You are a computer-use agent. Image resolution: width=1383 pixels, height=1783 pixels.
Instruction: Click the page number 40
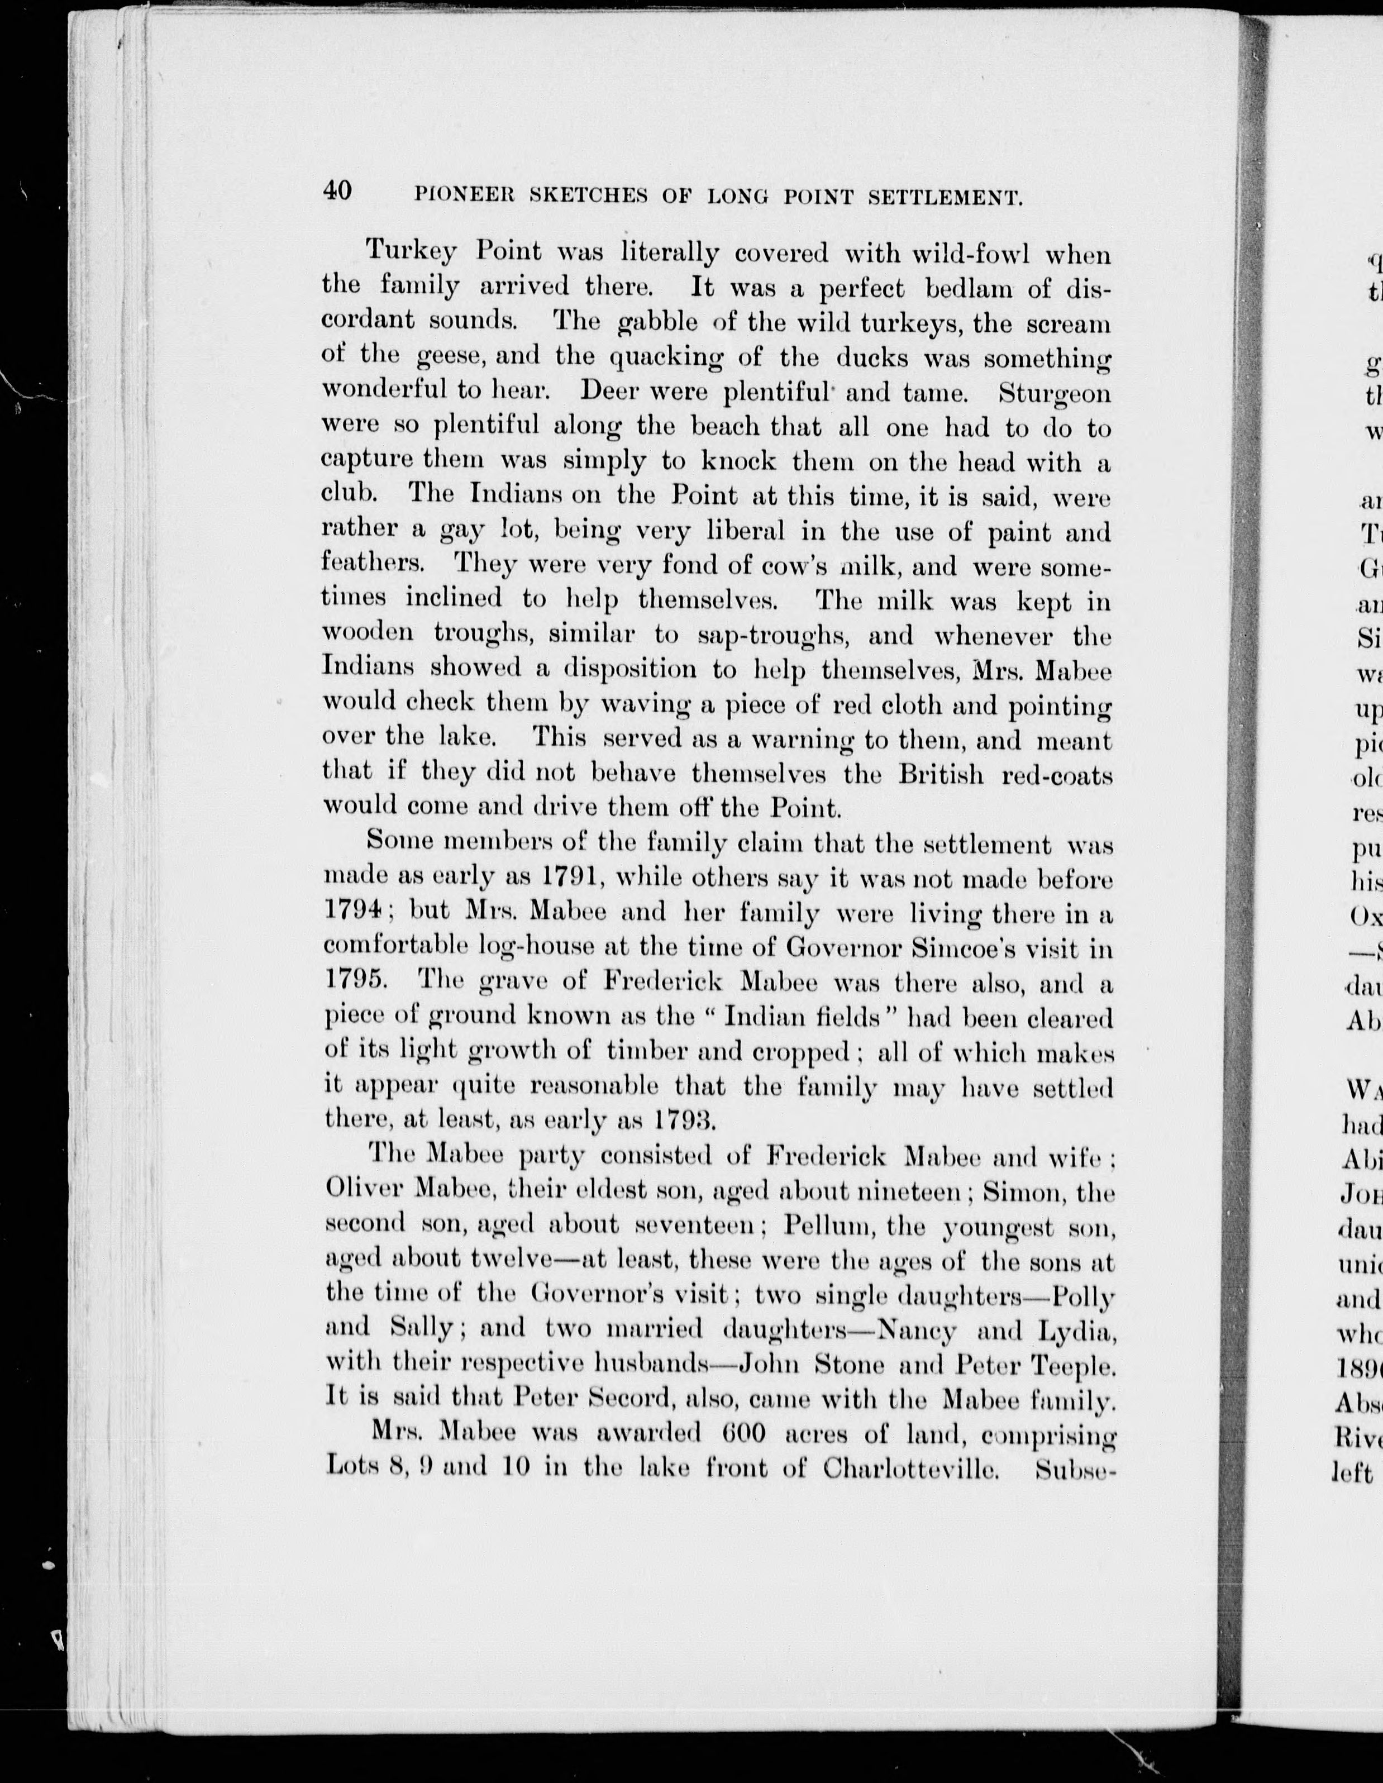click(x=337, y=191)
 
